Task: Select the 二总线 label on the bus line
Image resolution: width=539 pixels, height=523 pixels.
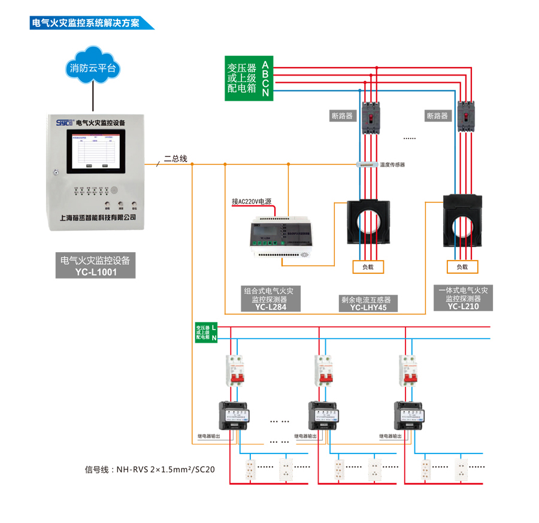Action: [x=176, y=159]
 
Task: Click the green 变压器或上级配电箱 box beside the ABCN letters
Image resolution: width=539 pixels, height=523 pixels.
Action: [x=242, y=78]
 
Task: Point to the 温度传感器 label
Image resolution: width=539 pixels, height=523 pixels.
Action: [x=392, y=164]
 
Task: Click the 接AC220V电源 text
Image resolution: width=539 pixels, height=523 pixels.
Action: [x=252, y=201]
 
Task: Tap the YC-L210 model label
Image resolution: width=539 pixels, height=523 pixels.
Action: [x=464, y=306]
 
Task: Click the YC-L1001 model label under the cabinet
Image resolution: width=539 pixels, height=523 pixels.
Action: [x=96, y=272]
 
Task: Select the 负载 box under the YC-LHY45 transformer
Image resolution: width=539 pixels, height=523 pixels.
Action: [x=367, y=267]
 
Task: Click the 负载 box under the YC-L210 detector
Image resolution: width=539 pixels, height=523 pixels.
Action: [x=462, y=267]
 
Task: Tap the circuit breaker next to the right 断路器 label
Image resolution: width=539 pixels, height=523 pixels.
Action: [x=467, y=116]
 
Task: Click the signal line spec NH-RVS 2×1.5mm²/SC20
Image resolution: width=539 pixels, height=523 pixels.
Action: [x=150, y=469]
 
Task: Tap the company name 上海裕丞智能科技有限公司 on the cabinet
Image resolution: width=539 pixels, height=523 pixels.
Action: [x=98, y=217]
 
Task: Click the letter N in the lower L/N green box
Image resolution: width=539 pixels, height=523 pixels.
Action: [x=214, y=338]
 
